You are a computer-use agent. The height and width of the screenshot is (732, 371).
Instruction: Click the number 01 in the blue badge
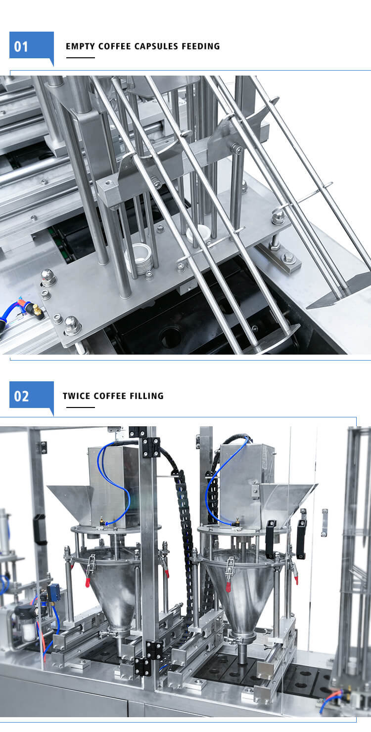(x=21, y=47)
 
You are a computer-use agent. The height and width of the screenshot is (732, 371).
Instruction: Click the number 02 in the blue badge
(x=21, y=397)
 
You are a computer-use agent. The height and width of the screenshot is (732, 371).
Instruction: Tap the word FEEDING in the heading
(x=200, y=46)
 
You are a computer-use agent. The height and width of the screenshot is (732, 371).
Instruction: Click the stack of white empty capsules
(x=138, y=258)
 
